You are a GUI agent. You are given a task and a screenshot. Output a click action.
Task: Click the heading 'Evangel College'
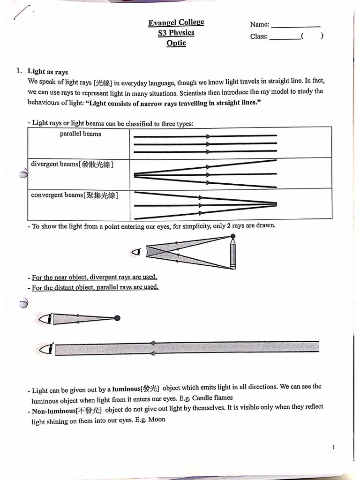click(176, 22)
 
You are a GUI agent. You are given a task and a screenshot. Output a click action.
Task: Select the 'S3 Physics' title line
click(176, 33)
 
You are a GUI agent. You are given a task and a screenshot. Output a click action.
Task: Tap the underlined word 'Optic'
click(176, 43)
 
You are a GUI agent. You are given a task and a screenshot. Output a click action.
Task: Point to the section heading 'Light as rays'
click(48, 72)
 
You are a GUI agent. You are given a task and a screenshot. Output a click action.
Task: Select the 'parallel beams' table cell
click(80, 134)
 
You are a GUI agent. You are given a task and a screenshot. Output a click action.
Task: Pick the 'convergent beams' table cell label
click(74, 195)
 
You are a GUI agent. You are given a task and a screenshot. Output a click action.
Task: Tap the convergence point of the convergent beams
click(275, 204)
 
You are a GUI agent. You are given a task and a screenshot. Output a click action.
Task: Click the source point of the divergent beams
click(135, 174)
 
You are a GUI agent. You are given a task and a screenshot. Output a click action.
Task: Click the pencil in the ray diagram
click(232, 254)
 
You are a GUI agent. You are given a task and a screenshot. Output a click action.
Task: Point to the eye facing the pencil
click(137, 252)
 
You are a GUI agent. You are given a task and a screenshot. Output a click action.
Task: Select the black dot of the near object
click(117, 318)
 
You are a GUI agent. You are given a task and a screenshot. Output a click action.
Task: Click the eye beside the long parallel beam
click(45, 348)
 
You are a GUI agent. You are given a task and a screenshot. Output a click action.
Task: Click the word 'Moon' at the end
click(157, 420)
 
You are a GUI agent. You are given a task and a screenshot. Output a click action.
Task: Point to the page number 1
click(333, 448)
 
